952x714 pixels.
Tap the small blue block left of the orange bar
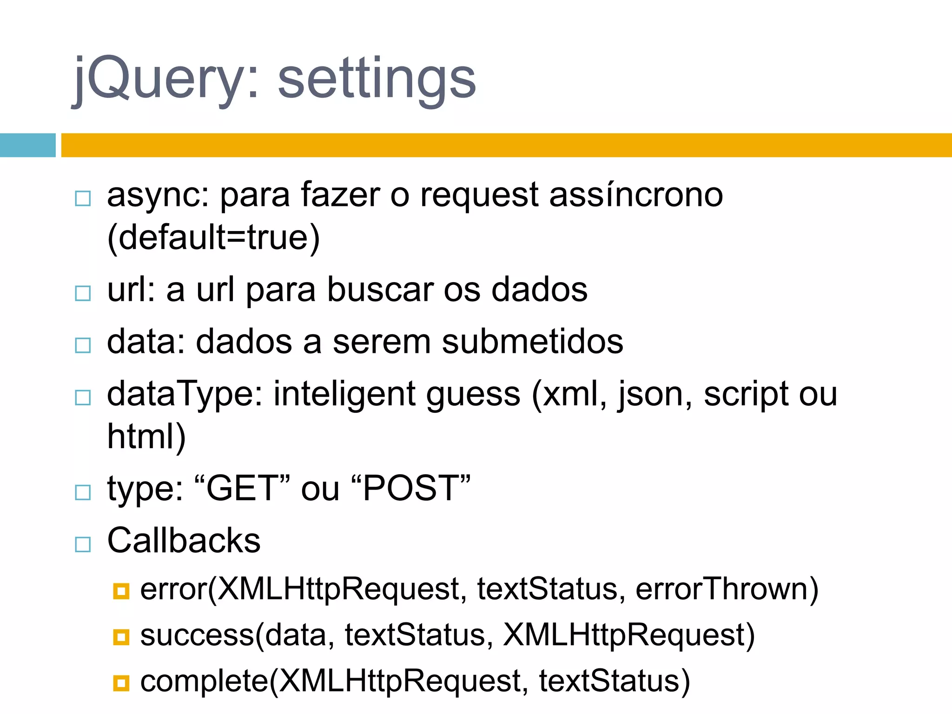pos(27,145)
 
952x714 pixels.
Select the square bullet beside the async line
pos(83,198)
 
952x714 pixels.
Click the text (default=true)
pos(213,238)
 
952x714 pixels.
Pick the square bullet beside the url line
pos(83,293)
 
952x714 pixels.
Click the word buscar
pos(380,290)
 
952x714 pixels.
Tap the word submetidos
pos(532,342)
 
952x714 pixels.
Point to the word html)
pos(146,436)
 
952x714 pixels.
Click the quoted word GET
pos(243,489)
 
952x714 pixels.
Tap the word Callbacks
pos(184,541)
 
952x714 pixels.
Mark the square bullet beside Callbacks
pos(83,544)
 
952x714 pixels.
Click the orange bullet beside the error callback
pos(121,591)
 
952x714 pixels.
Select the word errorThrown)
pos(727,589)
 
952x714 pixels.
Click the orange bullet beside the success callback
pos(121,637)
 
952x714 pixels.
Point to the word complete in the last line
pos(205,681)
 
